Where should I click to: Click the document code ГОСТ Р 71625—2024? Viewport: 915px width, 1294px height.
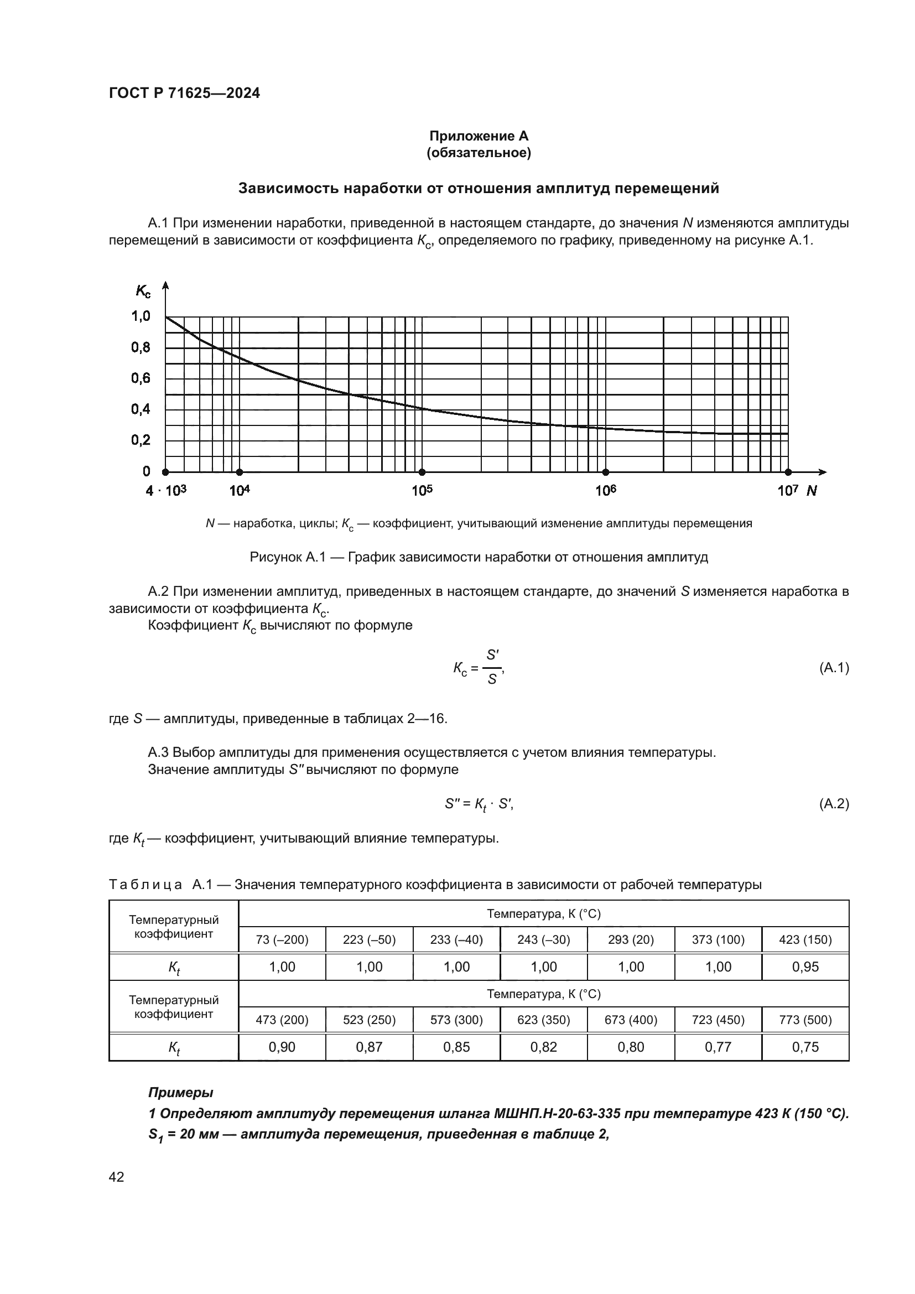[x=184, y=93]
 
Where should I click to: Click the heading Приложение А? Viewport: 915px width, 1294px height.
[x=479, y=136]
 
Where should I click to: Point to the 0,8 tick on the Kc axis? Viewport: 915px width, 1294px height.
[x=141, y=347]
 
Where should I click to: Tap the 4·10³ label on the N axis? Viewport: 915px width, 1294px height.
[x=165, y=491]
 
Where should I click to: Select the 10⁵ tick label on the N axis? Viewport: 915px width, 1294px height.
[x=422, y=491]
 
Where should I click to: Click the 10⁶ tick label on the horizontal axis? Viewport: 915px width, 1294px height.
[x=605, y=491]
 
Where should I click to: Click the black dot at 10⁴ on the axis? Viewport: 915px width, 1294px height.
[x=240, y=472]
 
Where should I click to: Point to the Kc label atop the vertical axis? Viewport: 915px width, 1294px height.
[x=143, y=292]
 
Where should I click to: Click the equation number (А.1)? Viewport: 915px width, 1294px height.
[x=833, y=668]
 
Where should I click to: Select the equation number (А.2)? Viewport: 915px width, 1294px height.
[x=833, y=804]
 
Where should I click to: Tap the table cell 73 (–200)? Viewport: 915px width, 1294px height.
[x=282, y=939]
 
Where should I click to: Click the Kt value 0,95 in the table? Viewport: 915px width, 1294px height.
[x=805, y=966]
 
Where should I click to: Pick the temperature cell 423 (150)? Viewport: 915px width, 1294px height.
[x=805, y=939]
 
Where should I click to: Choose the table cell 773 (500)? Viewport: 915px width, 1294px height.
[x=805, y=1020]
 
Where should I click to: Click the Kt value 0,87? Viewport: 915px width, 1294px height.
[x=369, y=1047]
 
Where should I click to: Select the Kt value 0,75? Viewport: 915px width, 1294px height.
[x=805, y=1047]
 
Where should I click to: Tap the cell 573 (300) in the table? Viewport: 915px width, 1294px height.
[x=456, y=1020]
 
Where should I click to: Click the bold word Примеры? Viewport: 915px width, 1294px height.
[x=180, y=1092]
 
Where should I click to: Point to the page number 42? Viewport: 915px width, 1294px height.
[x=116, y=1177]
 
